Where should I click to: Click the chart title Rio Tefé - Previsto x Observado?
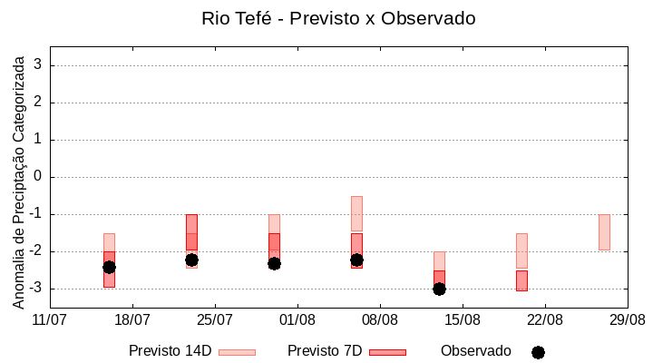click(338, 18)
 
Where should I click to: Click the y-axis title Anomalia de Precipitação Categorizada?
click(19, 180)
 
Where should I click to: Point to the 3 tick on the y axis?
click(38, 65)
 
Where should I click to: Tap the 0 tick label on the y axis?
click(38, 177)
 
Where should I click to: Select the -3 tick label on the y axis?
click(35, 289)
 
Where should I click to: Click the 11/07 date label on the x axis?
click(50, 319)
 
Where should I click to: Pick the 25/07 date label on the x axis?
click(215, 319)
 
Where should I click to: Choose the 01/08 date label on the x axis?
click(297, 319)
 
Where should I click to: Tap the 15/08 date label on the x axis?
click(463, 319)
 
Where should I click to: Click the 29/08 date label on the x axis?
click(628, 319)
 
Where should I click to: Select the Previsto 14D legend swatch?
click(237, 352)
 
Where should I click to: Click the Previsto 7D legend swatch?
click(387, 352)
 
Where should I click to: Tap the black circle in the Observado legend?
click(538, 352)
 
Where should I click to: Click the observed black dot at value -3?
click(439, 289)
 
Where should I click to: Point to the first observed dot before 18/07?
click(109, 267)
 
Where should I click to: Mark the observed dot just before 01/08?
click(274, 263)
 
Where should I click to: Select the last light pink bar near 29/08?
click(604, 232)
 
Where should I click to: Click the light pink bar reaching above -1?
click(356, 212)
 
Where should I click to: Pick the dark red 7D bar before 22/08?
click(521, 280)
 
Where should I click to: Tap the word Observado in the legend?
click(476, 351)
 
